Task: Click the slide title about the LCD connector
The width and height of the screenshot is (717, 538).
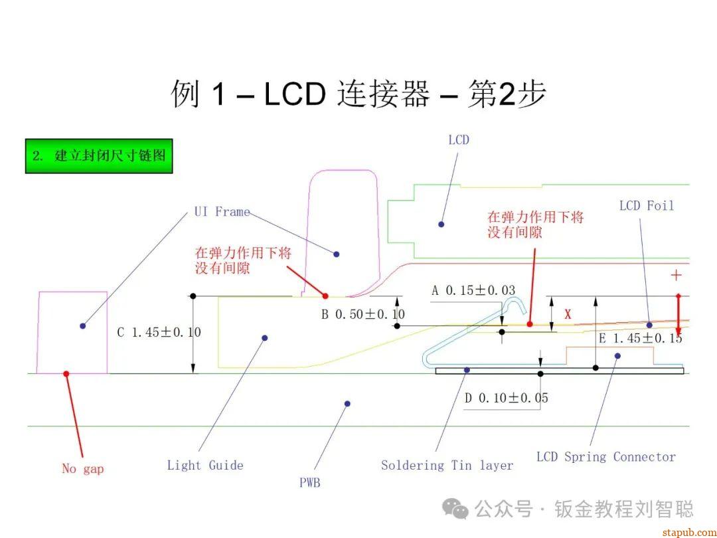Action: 358,94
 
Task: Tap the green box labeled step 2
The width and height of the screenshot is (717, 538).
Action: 99,156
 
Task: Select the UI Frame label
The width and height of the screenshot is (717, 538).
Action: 222,212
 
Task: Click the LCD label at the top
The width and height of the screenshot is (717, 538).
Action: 459,139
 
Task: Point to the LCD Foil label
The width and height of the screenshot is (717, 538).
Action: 646,206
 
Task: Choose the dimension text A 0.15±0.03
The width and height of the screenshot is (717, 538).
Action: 473,291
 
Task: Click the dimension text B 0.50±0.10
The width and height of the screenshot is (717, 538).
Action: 363,314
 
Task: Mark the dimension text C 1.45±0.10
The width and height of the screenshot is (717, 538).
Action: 159,332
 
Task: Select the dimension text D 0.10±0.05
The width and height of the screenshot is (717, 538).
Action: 506,398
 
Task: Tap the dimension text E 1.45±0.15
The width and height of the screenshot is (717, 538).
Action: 641,338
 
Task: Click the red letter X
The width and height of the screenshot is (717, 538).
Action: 568,315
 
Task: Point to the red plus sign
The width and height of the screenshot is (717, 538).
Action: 677,275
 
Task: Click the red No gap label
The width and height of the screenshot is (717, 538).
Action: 83,469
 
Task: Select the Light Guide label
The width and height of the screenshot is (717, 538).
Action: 205,466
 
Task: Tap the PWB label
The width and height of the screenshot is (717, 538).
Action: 309,483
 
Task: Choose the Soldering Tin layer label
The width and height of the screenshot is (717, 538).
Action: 447,466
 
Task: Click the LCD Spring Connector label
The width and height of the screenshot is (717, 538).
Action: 605,457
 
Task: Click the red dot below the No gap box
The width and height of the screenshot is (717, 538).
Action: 66,374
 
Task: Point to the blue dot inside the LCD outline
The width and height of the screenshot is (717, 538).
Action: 441,224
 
